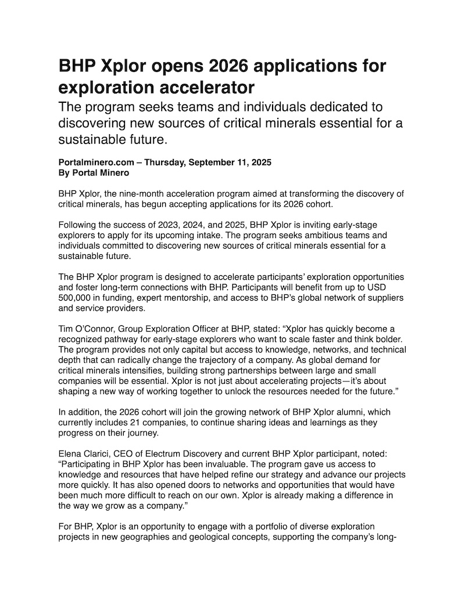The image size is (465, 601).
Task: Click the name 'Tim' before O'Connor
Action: point(67,329)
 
